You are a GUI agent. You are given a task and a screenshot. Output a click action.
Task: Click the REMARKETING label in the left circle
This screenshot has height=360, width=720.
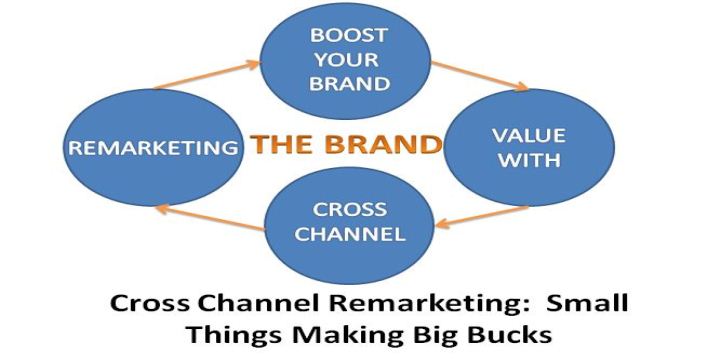(153, 147)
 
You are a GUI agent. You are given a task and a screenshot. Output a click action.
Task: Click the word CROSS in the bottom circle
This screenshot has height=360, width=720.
(350, 211)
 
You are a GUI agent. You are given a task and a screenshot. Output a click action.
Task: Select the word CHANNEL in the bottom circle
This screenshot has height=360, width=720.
(350, 236)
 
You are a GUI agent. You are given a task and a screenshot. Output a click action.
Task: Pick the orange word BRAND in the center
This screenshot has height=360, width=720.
(381, 144)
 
